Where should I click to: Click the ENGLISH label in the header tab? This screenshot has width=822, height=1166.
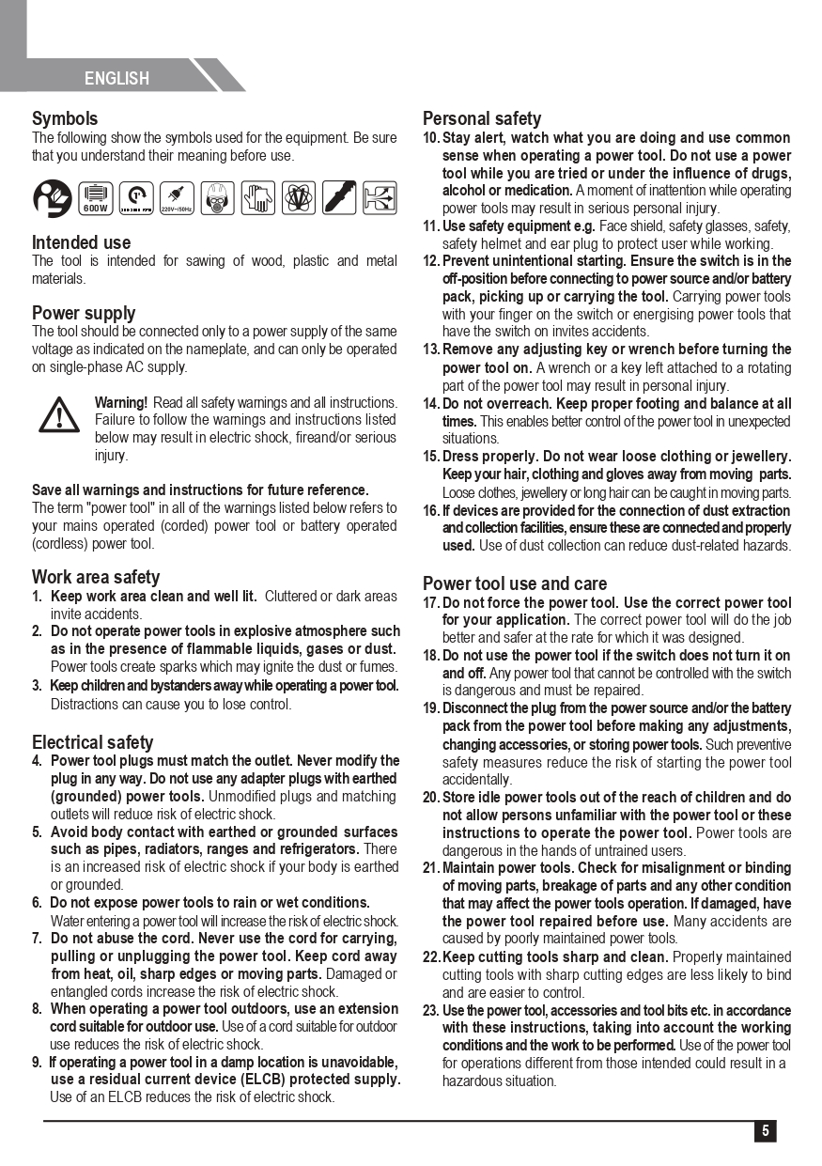(116, 79)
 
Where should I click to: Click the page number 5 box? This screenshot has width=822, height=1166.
(765, 1131)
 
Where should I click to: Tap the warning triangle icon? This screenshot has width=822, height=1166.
(59, 413)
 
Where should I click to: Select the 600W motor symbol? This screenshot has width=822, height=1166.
(96, 197)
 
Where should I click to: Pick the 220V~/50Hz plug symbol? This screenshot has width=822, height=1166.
(177, 197)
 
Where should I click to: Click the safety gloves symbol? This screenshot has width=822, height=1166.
(257, 197)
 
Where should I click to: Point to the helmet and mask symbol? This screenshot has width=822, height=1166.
(217, 197)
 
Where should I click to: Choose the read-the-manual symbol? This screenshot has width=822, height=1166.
(52, 197)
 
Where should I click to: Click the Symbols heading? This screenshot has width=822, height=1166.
(65, 119)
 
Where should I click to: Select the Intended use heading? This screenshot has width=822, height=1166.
(82, 242)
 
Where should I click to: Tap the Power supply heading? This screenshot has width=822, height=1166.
(84, 313)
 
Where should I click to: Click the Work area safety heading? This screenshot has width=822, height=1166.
(96, 577)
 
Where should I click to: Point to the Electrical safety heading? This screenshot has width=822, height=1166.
(92, 742)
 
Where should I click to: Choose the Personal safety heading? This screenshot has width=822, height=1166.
(482, 119)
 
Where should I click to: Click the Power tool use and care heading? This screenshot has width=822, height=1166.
(515, 583)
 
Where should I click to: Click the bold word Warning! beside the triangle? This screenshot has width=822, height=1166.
(121, 402)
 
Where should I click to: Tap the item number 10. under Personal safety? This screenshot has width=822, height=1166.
(431, 138)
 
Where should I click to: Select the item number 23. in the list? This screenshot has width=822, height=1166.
(431, 1011)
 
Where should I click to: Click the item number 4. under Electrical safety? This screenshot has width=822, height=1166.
(37, 761)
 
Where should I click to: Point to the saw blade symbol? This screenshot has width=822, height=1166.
(339, 197)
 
